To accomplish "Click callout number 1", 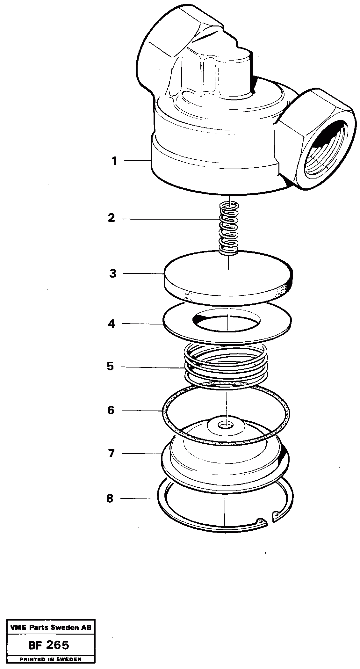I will click(x=114, y=161).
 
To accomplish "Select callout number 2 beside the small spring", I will click(x=111, y=218).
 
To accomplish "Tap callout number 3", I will click(x=112, y=273).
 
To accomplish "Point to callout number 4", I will click(x=111, y=324).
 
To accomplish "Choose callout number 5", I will click(x=110, y=367).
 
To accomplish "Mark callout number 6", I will click(x=111, y=410).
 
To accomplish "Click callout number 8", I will click(x=110, y=498).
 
